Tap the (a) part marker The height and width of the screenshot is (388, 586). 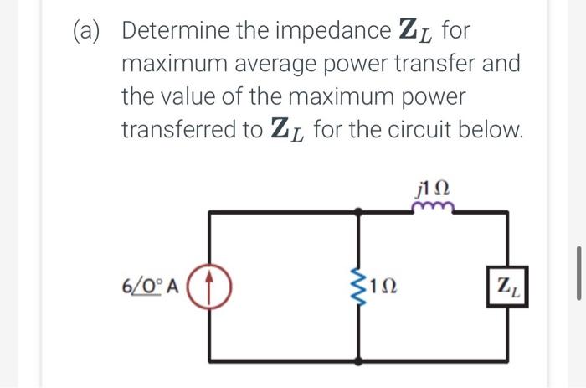tap(85, 31)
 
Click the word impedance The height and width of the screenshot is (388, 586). tap(327, 31)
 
